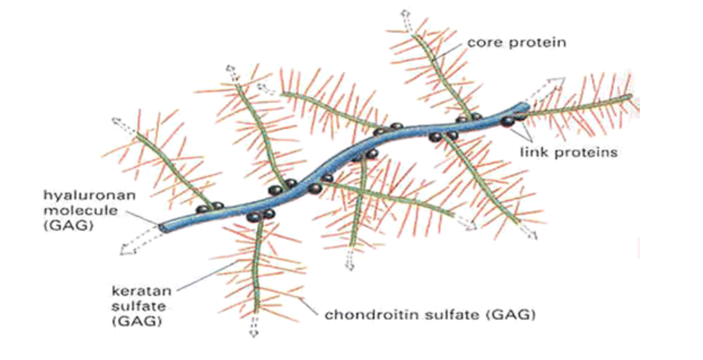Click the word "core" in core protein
click(482, 42)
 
